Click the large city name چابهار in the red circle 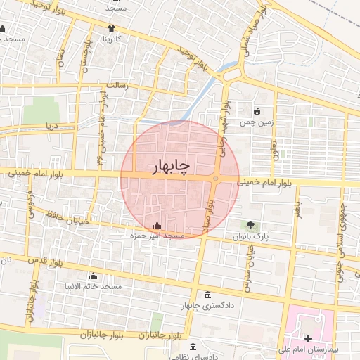[172, 166]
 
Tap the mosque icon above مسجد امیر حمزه [156, 226]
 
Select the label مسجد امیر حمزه [157, 236]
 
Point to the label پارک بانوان [251, 236]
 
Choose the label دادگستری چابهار [207, 306]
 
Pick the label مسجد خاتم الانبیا [93, 287]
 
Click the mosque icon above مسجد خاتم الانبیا [93, 276]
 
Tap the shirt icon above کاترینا [111, 27]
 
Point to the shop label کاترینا [111, 38]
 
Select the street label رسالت [117, 85]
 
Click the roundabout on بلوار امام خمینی [214, 179]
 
